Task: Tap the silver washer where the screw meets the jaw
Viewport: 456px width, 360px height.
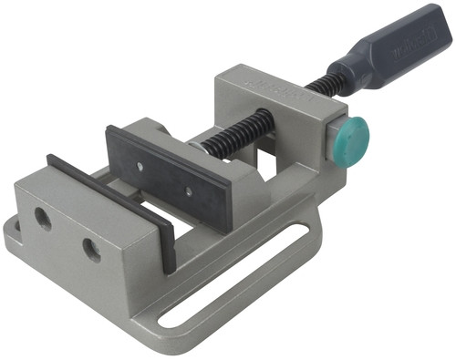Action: pyautogui.click(x=195, y=146)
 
